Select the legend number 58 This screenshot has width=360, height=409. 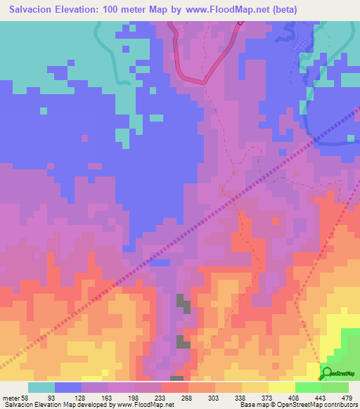(25, 398)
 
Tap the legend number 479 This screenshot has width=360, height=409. (347, 398)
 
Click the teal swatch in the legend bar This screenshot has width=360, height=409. (41, 387)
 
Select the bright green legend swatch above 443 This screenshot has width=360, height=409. (309, 387)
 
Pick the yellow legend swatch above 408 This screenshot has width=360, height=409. (282, 387)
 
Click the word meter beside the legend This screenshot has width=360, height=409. (10, 398)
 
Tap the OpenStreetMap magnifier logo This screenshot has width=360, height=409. (326, 374)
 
